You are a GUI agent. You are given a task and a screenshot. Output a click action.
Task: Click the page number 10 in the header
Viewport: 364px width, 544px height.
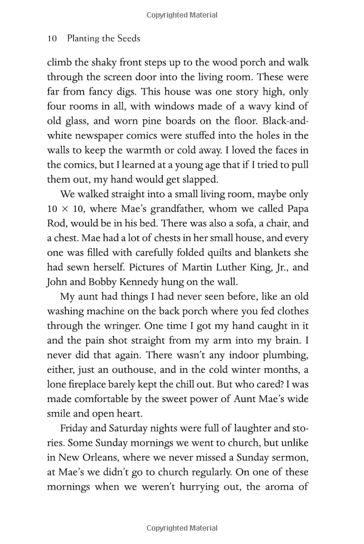tap(52, 38)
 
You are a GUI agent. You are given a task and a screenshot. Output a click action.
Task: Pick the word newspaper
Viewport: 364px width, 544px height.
tap(105, 136)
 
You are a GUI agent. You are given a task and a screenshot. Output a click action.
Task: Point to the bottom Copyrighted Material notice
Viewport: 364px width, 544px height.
tap(182, 528)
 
